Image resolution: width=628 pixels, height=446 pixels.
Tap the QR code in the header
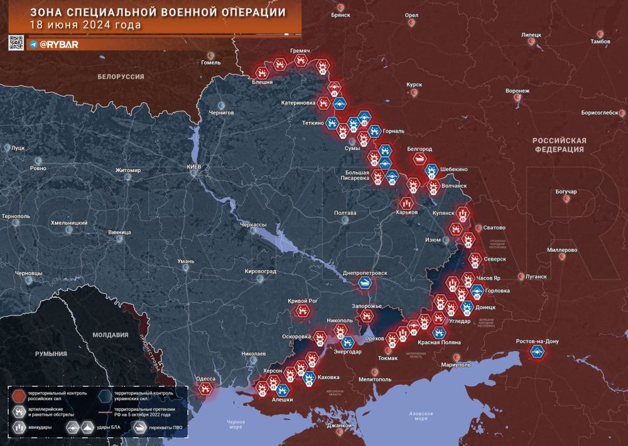[16, 43]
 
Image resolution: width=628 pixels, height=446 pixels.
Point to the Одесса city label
[206, 379]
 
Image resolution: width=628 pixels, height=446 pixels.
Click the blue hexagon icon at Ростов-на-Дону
[538, 352]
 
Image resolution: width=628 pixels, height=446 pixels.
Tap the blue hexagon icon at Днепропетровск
[365, 283]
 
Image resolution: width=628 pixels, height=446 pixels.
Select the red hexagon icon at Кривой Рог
[303, 311]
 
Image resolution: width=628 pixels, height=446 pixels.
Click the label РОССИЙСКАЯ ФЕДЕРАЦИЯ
[559, 145]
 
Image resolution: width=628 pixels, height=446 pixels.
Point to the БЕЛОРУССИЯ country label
[121, 77]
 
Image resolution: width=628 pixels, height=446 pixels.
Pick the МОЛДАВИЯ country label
[110, 335]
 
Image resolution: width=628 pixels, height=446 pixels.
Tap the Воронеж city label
[517, 90]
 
